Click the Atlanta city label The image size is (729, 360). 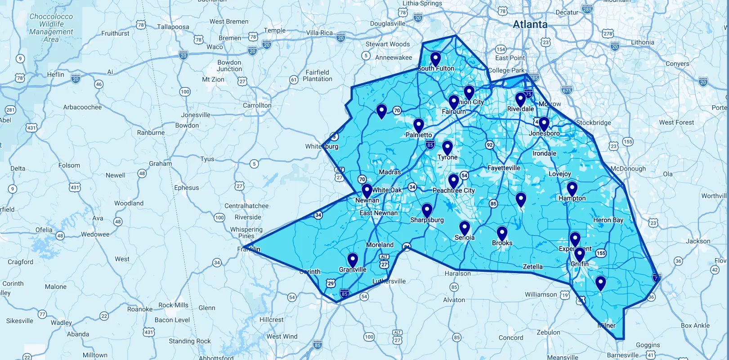[x=530, y=24]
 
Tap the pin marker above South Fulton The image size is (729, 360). [x=435, y=59]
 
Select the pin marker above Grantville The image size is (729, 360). [x=353, y=260]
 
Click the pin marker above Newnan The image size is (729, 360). [x=367, y=190]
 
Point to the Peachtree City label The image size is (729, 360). [x=453, y=191]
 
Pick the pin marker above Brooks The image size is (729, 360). [x=502, y=234]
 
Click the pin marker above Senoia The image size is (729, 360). [x=465, y=228]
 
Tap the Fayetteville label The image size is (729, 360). [x=504, y=168]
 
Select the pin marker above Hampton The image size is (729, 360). [x=572, y=189]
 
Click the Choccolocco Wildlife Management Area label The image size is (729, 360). [x=51, y=28]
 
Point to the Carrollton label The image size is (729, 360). [x=257, y=105]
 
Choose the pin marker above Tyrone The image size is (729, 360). [x=447, y=148]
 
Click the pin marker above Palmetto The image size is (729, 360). [x=419, y=126]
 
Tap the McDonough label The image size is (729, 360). [x=628, y=169]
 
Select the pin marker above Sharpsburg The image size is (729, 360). [x=427, y=210]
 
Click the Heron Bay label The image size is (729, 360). [x=608, y=220]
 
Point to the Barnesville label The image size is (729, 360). [x=622, y=355]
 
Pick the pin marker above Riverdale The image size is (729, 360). [x=520, y=99]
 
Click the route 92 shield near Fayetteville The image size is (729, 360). [x=489, y=145]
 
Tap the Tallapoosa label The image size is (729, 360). [x=173, y=27]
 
